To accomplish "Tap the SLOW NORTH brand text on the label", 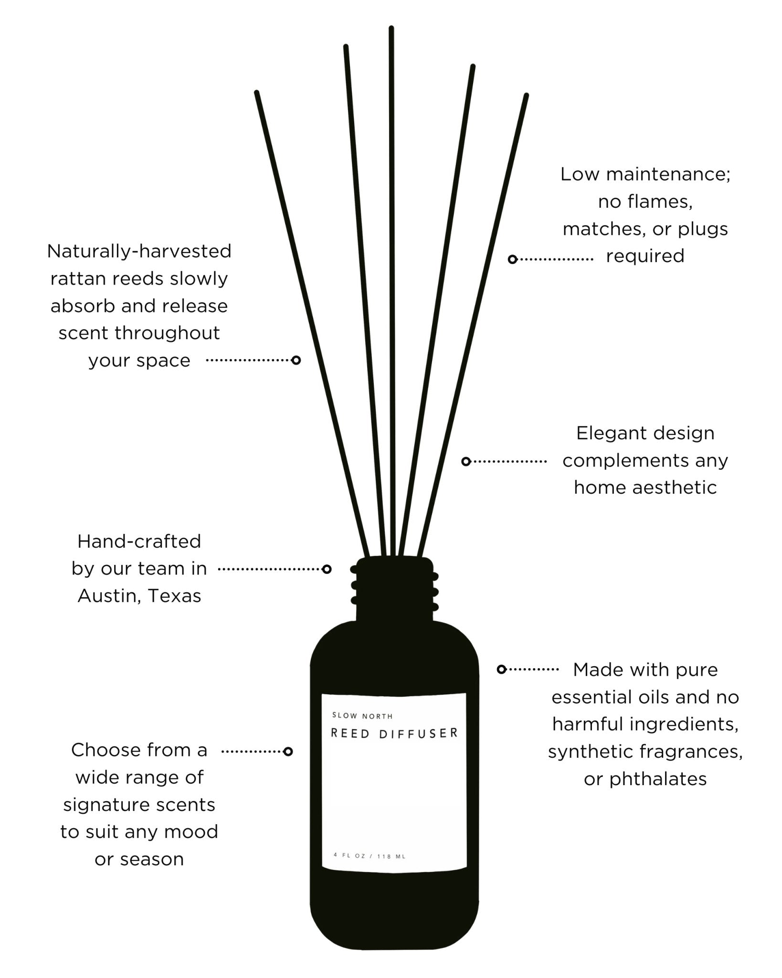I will point(362,716).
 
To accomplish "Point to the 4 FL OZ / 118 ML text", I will point(370,856).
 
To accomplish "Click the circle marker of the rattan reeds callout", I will point(296,360).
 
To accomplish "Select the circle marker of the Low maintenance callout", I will point(512,259).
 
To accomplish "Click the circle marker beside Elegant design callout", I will point(466,461).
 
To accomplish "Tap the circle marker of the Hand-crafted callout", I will point(327,569).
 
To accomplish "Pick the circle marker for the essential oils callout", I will point(501,670).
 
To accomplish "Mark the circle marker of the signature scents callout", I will point(288,752).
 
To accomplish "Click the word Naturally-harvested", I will point(139,251).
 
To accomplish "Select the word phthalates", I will point(658,779).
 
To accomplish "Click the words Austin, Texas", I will point(139,596).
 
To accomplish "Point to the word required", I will point(645,256).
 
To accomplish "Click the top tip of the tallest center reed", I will point(391,29).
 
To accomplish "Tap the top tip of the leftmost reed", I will point(256,93).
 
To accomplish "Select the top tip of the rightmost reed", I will point(526,96).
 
